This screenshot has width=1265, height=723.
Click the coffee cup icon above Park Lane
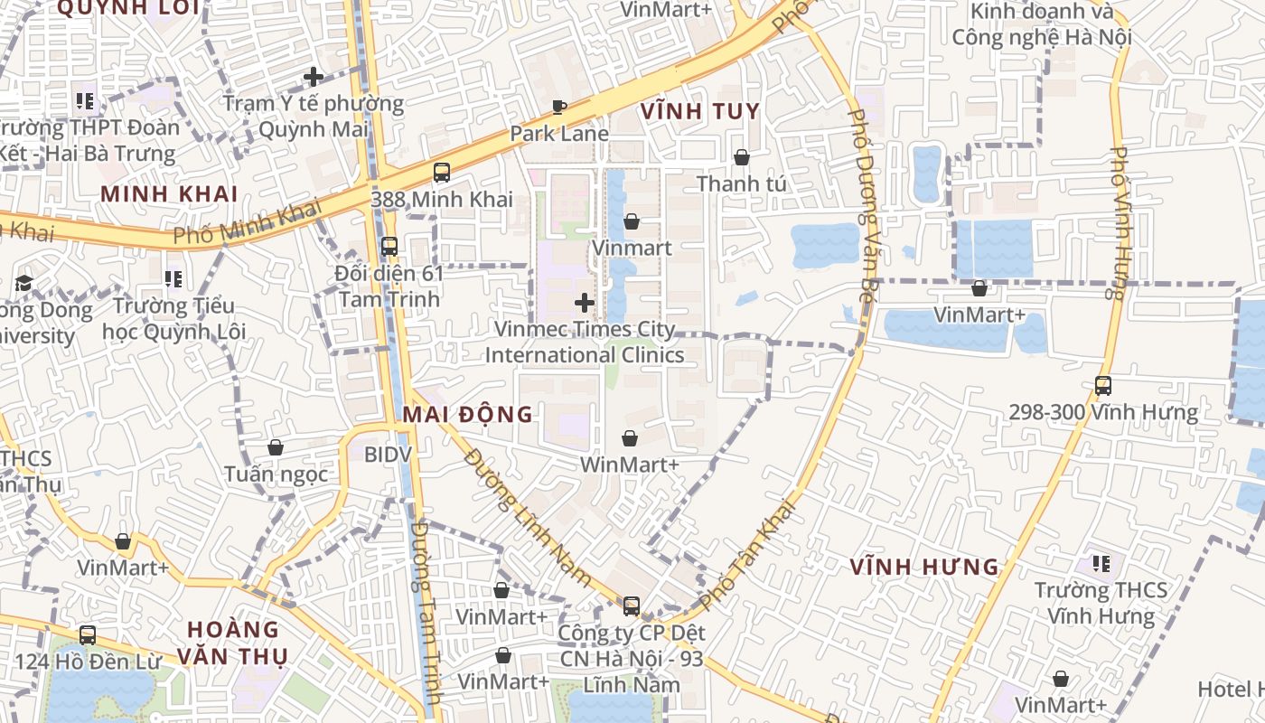(x=559, y=108)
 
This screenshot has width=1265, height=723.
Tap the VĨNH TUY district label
(x=700, y=111)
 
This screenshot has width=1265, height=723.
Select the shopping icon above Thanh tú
(x=741, y=157)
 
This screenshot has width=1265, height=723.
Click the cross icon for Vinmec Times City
(x=585, y=302)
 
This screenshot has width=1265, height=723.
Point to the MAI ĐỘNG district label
(x=467, y=415)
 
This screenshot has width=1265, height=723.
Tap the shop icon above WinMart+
(x=630, y=438)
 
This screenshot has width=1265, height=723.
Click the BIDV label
(x=388, y=455)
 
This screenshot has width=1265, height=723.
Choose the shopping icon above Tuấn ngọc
(x=276, y=447)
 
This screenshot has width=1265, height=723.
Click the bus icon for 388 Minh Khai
(x=442, y=172)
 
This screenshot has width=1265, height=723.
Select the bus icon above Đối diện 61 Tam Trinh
(x=389, y=246)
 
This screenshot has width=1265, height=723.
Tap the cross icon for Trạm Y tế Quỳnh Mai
(x=314, y=77)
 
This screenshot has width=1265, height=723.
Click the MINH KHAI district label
(x=169, y=194)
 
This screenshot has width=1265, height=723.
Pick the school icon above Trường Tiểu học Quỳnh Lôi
(x=173, y=279)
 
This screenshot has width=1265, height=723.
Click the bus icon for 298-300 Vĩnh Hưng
(x=1103, y=386)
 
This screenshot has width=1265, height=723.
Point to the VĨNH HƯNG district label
(x=924, y=568)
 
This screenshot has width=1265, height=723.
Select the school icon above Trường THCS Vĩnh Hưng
(x=1101, y=564)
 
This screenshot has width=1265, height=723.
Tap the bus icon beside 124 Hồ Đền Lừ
(x=88, y=635)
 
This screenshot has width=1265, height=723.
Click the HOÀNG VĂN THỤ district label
(x=233, y=643)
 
